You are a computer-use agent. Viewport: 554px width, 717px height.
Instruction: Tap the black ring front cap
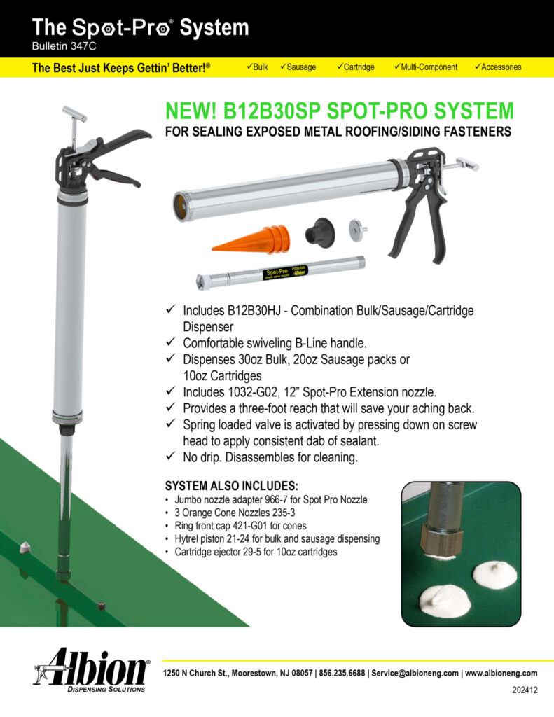point(320,233)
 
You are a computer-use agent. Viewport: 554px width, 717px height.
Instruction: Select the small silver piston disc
point(358,229)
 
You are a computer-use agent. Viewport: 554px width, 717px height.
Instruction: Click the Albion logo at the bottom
point(92,669)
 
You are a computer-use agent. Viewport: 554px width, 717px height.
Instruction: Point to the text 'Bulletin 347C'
point(64,46)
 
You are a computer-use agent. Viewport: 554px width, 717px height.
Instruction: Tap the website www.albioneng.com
point(501,673)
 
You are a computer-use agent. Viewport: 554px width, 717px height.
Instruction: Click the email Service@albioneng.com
point(415,673)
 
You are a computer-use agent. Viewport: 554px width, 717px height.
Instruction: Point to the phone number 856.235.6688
point(342,673)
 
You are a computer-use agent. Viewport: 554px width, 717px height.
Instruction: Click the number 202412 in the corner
point(525,690)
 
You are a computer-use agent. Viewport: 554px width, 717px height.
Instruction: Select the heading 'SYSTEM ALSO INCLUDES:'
point(232,486)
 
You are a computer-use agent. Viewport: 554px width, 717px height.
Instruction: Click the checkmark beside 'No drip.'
point(171,456)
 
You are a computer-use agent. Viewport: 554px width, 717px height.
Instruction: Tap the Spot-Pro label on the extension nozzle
point(285,272)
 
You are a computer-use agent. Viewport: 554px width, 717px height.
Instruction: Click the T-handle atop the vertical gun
point(74,113)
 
